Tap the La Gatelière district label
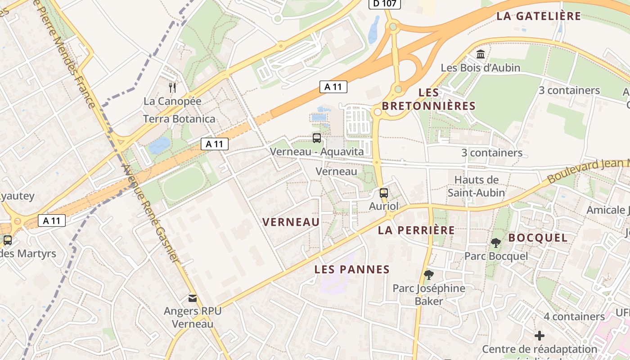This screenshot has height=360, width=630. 539,16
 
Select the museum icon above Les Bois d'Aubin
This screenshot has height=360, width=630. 481,54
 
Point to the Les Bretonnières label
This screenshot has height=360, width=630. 428,99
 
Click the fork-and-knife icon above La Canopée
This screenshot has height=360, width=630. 172,87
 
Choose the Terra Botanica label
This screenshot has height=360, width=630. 179,119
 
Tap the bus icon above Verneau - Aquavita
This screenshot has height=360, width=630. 317,138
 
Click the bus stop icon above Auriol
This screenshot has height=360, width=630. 384,193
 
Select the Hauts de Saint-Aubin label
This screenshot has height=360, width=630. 476,186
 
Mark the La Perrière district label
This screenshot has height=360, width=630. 416,230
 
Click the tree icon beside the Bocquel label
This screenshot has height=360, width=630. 496,243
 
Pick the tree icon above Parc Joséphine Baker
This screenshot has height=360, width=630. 429,274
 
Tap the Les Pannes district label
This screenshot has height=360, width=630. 352,270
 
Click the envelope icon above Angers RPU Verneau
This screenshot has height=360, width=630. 193,298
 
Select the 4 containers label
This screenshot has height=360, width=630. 574,317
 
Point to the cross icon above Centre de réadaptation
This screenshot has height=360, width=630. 539,336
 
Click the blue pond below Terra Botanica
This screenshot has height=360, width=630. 159,145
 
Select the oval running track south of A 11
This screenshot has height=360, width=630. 184,183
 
